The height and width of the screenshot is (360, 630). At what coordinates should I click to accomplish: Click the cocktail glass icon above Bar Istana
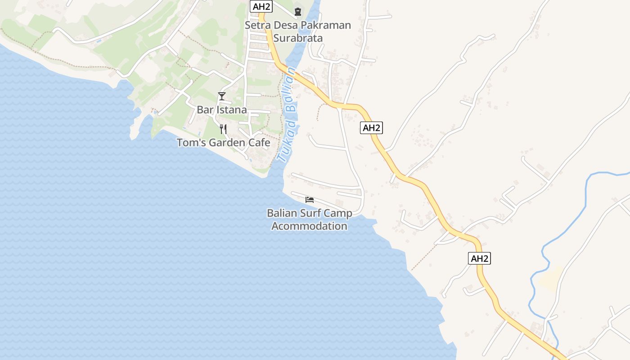point(221,96)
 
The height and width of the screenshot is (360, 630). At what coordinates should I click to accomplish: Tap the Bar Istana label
point(221,110)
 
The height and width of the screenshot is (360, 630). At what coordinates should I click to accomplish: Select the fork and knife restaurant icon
point(223,129)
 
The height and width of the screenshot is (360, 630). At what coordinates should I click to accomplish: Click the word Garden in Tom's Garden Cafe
point(223,143)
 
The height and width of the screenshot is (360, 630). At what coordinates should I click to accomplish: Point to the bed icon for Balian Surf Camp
point(310,199)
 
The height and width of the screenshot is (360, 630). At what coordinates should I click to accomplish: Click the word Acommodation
point(310,226)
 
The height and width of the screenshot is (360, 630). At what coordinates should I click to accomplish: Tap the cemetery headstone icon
point(297,11)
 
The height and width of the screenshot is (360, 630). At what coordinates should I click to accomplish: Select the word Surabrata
point(298,38)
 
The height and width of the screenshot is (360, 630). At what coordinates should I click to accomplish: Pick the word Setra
point(256,25)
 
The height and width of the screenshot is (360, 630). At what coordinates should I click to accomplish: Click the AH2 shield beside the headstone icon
point(261,6)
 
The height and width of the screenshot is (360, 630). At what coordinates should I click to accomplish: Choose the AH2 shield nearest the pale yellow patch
point(479,258)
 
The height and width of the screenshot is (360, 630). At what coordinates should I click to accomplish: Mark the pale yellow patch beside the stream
point(550,278)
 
